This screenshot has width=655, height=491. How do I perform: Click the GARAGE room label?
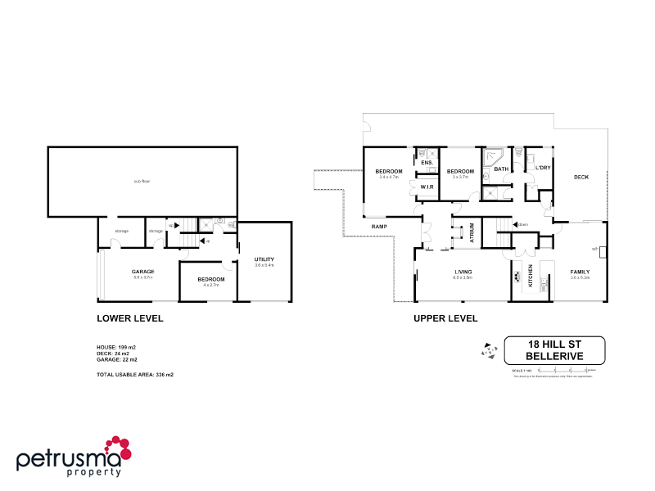pos(143,272)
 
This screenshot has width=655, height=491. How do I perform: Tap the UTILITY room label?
pos(264,259)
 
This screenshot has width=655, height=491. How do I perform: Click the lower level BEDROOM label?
pos(210,279)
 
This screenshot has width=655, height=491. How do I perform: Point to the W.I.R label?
pos(427,187)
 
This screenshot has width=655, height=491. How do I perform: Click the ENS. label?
pos(427,163)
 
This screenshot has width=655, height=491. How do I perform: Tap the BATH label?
pos(501,169)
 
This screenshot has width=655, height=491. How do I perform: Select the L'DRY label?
pos(542,168)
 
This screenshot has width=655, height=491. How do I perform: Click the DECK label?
pos(581,177)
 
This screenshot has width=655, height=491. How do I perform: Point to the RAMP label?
pos(379,226)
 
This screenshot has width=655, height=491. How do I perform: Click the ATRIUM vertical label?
pos(472,232)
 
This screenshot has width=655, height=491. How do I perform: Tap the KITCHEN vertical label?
pos(531,277)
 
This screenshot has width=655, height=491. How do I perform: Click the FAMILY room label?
pos(580,272)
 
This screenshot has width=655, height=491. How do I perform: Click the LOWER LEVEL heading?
pos(130,318)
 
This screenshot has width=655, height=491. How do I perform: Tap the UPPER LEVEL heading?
pos(445,318)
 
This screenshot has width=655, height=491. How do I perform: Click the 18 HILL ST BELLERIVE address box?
pos(554,350)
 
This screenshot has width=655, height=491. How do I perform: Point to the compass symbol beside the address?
pos(490,350)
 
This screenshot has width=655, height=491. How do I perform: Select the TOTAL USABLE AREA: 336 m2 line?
pos(135,374)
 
